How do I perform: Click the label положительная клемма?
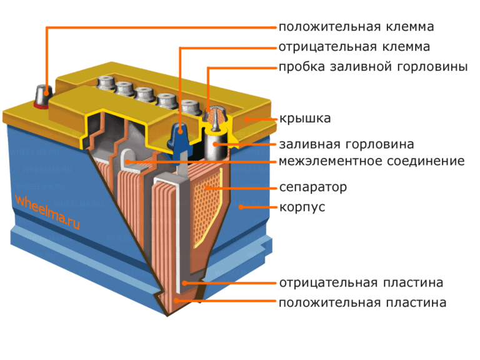(x=356, y=27)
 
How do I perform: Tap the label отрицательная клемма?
(x=354, y=47)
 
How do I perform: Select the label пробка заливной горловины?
(x=372, y=67)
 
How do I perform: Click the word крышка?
(x=304, y=118)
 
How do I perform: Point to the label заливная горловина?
(x=346, y=144)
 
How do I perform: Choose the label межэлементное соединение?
(x=372, y=162)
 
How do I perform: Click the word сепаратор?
(x=313, y=187)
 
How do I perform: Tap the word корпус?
(x=302, y=207)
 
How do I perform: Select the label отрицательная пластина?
(x=361, y=283)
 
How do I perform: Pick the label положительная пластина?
(x=362, y=303)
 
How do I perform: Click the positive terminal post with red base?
(x=42, y=96)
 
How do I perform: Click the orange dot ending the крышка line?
(x=246, y=118)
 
